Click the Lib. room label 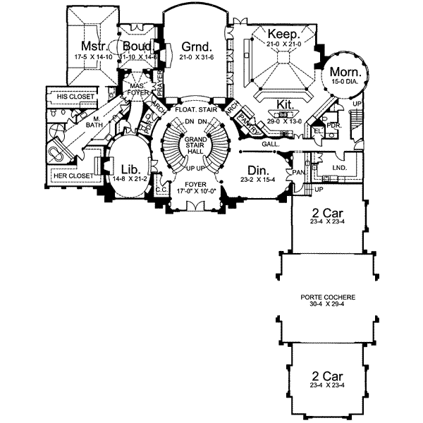tap(131, 168)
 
